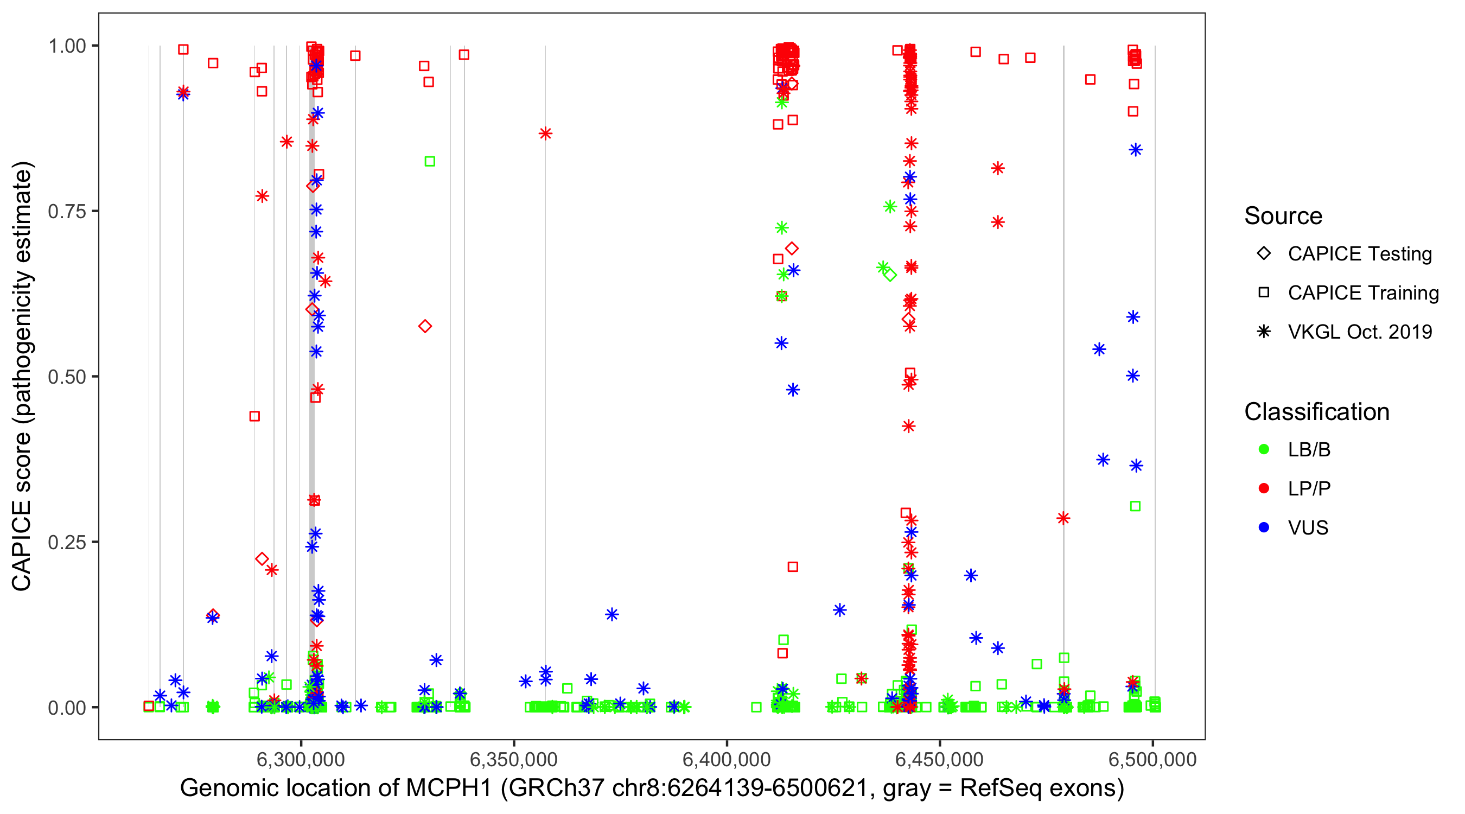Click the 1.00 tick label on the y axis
coord(67,46)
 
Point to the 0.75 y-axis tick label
coord(67,212)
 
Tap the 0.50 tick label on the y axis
coord(67,377)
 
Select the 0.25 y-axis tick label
coord(67,542)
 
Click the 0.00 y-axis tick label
coord(67,708)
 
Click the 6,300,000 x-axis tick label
coord(301,759)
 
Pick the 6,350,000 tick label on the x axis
coord(513,759)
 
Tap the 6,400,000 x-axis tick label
coord(727,759)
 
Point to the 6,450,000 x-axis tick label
coord(940,759)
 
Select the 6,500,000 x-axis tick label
coord(1152,759)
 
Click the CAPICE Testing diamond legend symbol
coord(1264,253)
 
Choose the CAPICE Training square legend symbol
coord(1264,292)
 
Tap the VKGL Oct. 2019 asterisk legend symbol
coord(1264,332)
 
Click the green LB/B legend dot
coord(1264,449)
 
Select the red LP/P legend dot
coord(1264,488)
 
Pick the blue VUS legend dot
coord(1264,527)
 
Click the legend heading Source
coord(1283,216)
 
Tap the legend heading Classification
coord(1316,412)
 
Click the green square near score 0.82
coord(430,162)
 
